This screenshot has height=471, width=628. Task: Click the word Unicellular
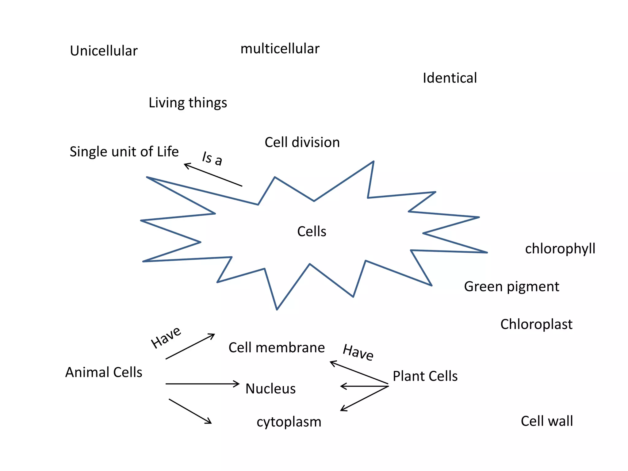click(x=104, y=51)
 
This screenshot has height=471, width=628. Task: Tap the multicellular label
click(x=280, y=49)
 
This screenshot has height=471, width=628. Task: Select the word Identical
click(x=450, y=78)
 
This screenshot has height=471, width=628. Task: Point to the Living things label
click(x=188, y=103)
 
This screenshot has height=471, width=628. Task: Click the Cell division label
click(x=302, y=142)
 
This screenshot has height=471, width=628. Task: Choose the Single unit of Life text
click(x=124, y=151)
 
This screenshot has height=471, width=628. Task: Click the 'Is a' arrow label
click(x=212, y=159)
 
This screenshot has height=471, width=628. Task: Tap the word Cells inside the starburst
click(x=312, y=231)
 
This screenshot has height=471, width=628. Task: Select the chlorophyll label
click(x=560, y=249)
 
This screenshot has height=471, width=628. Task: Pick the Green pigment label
click(x=511, y=287)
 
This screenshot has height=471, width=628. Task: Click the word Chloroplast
click(x=536, y=324)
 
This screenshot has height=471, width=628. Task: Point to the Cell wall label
click(x=547, y=421)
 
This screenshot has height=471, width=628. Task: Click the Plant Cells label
click(x=425, y=376)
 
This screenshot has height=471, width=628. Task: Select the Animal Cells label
click(x=104, y=372)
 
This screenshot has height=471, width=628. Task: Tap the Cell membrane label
click(x=276, y=348)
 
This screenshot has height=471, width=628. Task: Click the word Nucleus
click(x=270, y=389)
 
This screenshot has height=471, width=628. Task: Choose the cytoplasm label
click(x=289, y=422)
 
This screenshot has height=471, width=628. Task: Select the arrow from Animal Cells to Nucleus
click(x=202, y=384)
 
